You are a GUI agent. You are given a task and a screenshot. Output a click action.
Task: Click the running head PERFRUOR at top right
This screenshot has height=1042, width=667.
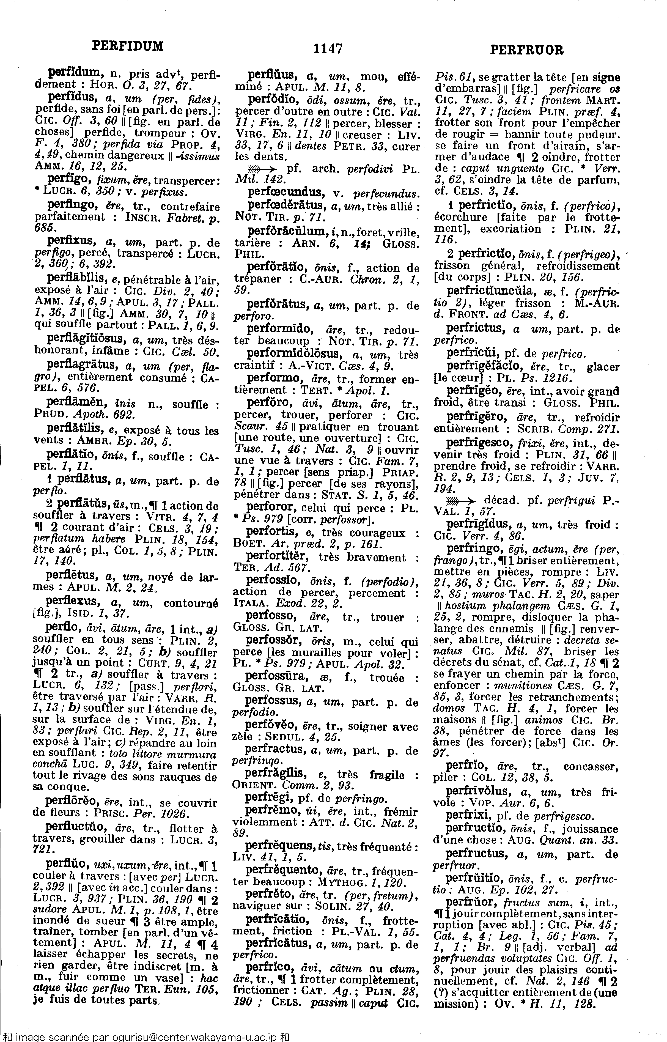click(527, 50)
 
